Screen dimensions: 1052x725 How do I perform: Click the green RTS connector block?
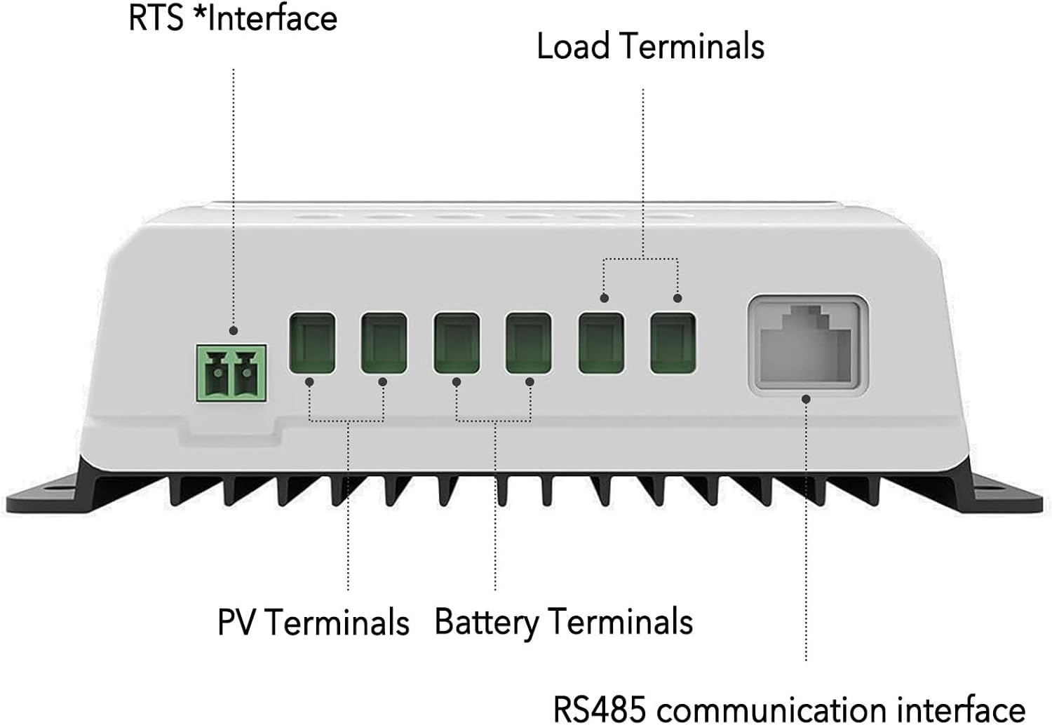[x=231, y=373]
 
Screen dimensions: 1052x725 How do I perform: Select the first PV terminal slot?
[x=312, y=344]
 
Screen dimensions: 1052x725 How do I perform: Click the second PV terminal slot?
[x=384, y=344]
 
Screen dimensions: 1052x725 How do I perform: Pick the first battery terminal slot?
[x=457, y=344]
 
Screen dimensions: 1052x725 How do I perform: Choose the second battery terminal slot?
[x=528, y=344]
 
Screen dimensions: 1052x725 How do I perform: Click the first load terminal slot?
[x=602, y=344]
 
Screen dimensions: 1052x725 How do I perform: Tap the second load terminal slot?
[x=673, y=344]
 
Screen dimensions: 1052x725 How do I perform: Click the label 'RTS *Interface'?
[x=233, y=18]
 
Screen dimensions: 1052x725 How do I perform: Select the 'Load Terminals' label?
[x=650, y=46]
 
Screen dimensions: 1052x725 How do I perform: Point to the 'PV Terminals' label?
[x=313, y=622]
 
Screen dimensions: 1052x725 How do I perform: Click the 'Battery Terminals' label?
[x=564, y=622]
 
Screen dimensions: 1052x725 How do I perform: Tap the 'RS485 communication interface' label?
[x=790, y=709]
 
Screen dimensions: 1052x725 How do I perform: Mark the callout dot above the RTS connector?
[x=234, y=330]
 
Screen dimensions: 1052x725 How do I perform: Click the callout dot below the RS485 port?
[x=806, y=399]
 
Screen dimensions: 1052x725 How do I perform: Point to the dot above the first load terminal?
[x=605, y=298]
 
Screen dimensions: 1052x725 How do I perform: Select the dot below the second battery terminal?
[x=530, y=382]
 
